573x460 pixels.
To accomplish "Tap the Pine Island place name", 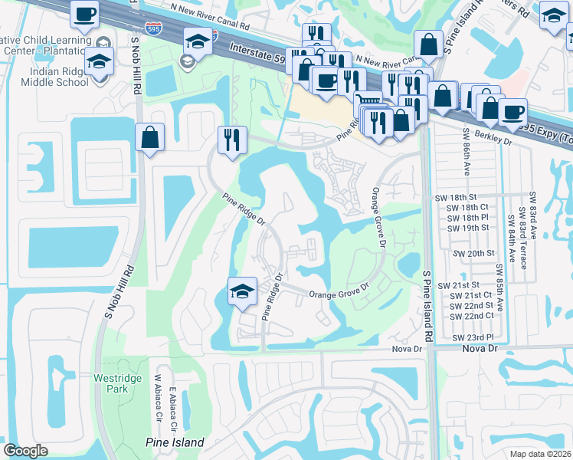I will (175, 442).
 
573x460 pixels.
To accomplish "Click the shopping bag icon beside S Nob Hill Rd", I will (150, 138).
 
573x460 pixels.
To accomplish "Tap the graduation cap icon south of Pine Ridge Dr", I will (242, 291).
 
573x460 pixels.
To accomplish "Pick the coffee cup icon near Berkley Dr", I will (512, 112).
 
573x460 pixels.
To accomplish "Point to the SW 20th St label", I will (474, 253).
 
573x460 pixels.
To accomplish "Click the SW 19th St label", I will (467, 228).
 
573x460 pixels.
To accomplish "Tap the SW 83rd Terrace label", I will (522, 236).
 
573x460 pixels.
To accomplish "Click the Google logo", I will (25, 451).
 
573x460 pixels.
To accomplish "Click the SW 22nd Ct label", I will (471, 316).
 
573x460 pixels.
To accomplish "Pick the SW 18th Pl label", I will (467, 218).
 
